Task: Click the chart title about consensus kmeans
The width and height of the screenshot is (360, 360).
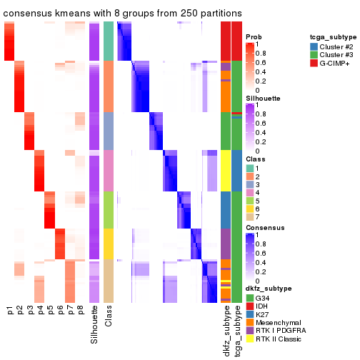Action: (122, 14)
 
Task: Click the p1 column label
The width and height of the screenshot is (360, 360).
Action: (10, 311)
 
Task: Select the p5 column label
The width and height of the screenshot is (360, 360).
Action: (50, 311)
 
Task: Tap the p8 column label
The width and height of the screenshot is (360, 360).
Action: (80, 311)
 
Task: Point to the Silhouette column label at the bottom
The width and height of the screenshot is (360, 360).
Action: (94, 325)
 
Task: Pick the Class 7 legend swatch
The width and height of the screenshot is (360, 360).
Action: (249, 215)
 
